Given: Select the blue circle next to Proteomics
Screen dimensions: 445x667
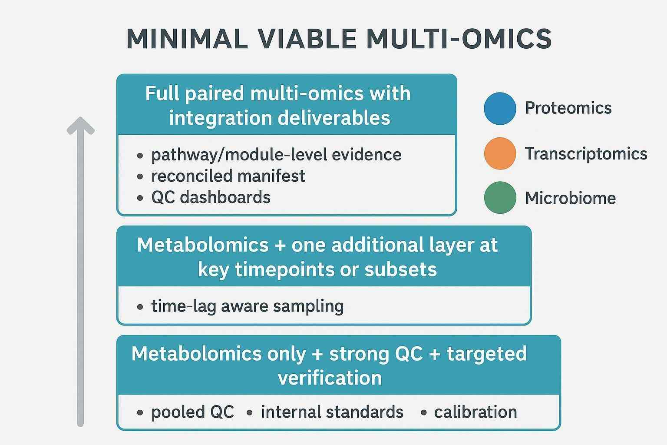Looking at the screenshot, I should coord(500,108).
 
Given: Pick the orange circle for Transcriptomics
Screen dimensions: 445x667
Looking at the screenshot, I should coord(500,153).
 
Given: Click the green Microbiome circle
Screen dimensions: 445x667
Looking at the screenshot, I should coord(500,198).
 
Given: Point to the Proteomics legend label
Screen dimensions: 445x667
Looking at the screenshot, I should coord(568,108).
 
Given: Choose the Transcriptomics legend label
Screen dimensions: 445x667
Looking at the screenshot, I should coord(586,154).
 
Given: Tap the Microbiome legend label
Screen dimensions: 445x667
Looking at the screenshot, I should coord(570,198).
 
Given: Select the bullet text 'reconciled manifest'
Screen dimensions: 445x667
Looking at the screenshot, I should coord(228,176).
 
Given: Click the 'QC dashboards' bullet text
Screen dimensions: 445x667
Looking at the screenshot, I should coord(211,197).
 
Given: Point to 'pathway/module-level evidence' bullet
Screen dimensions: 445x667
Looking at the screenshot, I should coord(276,155).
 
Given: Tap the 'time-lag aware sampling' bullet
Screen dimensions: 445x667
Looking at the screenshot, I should coord(247,306).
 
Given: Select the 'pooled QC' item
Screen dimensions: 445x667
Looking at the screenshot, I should coord(192,412).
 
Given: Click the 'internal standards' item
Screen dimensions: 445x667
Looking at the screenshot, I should coord(332,412).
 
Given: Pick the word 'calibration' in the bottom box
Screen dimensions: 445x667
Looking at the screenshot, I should coord(475,412).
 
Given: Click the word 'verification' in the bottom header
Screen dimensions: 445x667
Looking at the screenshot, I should coord(330,378).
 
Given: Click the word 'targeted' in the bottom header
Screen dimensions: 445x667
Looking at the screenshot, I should coord(486,354).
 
